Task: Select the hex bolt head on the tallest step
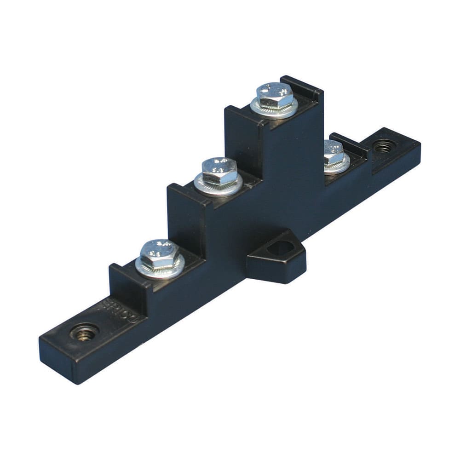pos(275,95)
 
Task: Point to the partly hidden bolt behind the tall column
pos(333,153)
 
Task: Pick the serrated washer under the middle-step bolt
pos(218,186)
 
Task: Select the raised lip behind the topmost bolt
pos(304,87)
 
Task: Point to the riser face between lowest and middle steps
pos(184,225)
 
